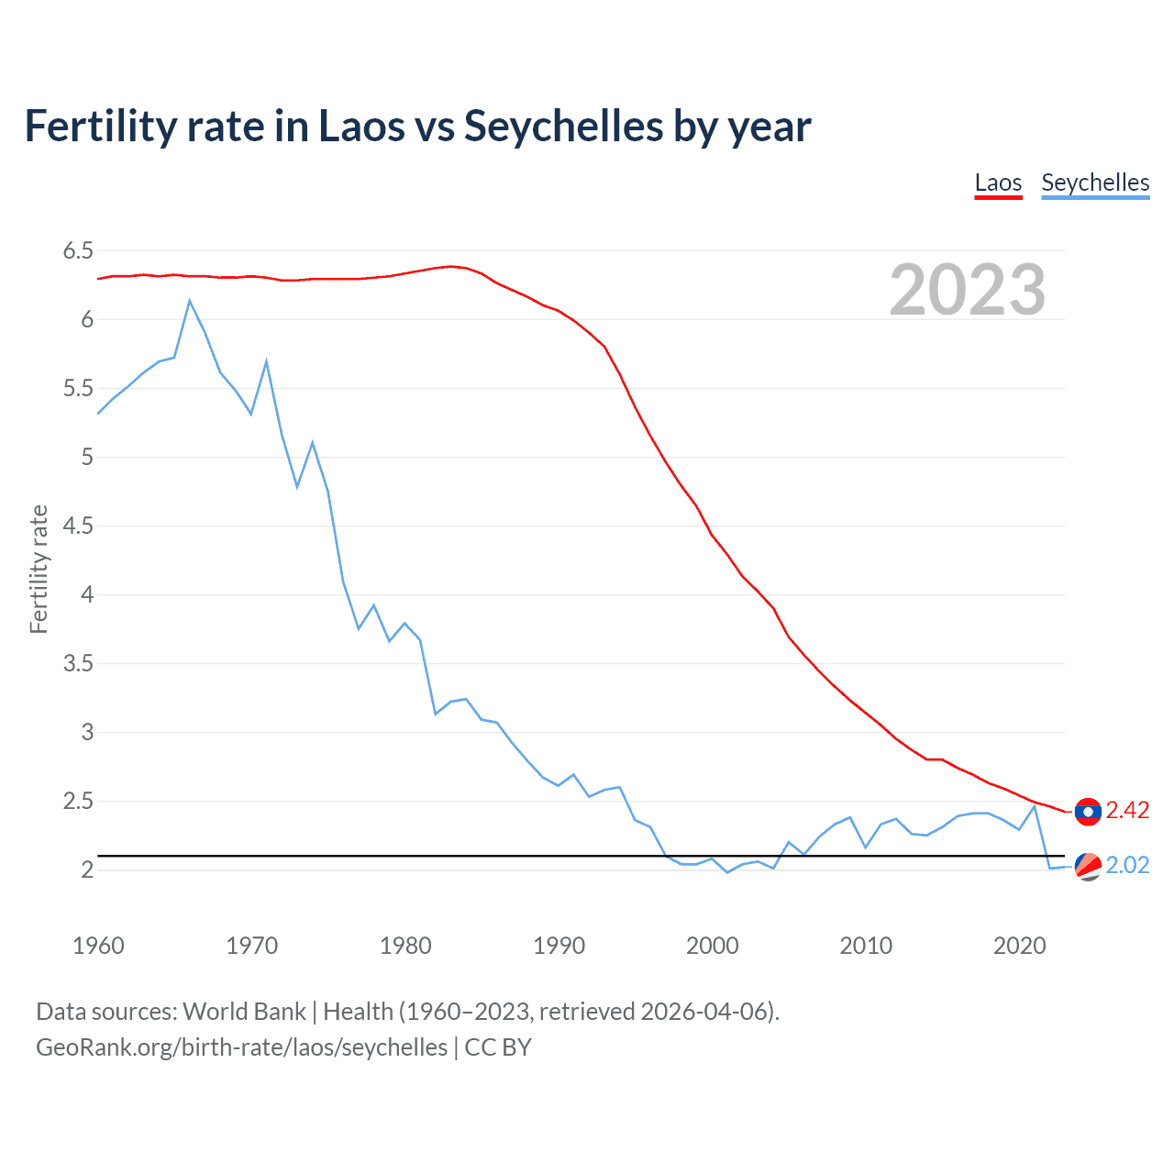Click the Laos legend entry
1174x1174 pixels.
pyautogui.click(x=998, y=183)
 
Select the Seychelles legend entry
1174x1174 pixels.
pyautogui.click(x=1095, y=183)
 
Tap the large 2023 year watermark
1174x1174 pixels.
pyautogui.click(x=967, y=290)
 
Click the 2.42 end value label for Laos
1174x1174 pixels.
pyautogui.click(x=1127, y=810)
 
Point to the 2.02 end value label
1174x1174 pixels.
pyautogui.click(x=1127, y=865)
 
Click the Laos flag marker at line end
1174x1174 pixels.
pyautogui.click(x=1088, y=812)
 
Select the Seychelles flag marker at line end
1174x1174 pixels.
pyautogui.click(x=1088, y=866)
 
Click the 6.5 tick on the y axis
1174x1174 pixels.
pyautogui.click(x=78, y=250)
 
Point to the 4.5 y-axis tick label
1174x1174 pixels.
pyautogui.click(x=78, y=526)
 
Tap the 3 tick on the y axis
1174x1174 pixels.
pyautogui.click(x=87, y=732)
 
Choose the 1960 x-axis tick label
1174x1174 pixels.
pyautogui.click(x=98, y=946)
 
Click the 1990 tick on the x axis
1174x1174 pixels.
pyautogui.click(x=559, y=946)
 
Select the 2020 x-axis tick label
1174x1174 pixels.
pyautogui.click(x=1019, y=946)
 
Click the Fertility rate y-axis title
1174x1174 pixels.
pyautogui.click(x=39, y=569)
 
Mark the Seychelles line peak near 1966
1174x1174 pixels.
pyautogui.click(x=190, y=301)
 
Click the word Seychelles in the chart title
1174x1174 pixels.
pyautogui.click(x=563, y=126)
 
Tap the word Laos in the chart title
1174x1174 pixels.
pyautogui.click(x=361, y=126)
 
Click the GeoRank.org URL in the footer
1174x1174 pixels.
pyautogui.click(x=241, y=1047)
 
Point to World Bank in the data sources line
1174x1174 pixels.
pyautogui.click(x=244, y=1012)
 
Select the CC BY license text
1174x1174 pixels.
pyautogui.click(x=498, y=1047)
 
